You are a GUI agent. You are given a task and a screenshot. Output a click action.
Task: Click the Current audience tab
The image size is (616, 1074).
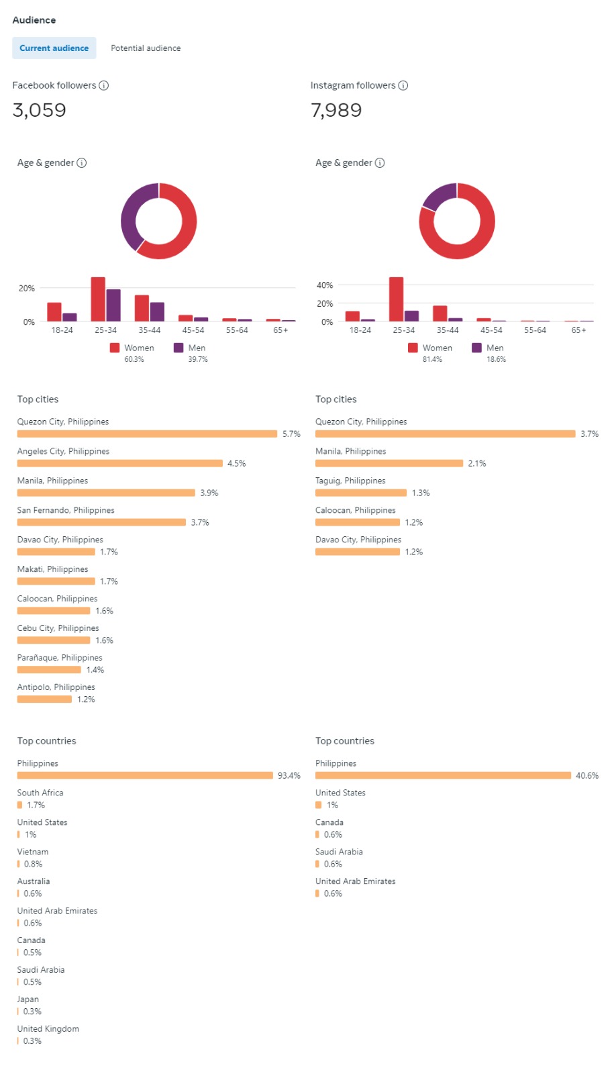tap(54, 48)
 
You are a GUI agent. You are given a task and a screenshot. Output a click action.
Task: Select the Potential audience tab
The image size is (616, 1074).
tap(146, 48)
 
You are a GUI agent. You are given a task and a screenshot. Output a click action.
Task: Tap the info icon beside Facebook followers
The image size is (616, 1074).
tap(104, 85)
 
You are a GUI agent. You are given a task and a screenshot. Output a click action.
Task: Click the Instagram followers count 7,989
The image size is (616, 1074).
tap(336, 110)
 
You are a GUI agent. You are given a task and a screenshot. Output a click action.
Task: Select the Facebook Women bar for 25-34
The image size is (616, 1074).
tap(98, 299)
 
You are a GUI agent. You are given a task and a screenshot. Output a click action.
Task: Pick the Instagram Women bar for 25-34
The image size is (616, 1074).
tap(396, 299)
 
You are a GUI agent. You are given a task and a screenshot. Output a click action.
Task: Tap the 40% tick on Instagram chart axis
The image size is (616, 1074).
tap(325, 285)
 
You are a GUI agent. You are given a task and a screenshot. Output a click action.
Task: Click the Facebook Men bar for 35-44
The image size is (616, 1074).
tap(157, 311)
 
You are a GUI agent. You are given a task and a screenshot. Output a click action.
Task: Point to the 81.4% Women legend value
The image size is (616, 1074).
tap(432, 360)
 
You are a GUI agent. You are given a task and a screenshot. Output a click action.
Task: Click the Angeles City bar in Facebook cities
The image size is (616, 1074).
tap(119, 463)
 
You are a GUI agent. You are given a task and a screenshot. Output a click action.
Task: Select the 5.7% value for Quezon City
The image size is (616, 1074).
tap(291, 434)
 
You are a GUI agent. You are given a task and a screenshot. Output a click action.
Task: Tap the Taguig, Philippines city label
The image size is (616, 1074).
tap(350, 481)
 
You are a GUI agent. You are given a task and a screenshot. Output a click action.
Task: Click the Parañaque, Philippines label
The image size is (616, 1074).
tap(60, 658)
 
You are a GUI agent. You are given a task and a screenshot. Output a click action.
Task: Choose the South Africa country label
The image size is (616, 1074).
tap(40, 793)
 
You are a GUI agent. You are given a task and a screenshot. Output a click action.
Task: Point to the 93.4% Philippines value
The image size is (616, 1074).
tap(289, 776)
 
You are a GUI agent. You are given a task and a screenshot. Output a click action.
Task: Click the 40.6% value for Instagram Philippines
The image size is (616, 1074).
tap(587, 776)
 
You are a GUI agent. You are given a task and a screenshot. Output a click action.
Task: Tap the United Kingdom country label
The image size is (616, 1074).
tap(48, 1029)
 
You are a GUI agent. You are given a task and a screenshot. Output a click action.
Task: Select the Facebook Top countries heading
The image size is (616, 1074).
tap(47, 741)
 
